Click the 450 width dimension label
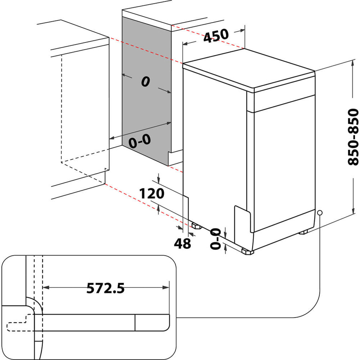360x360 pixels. click(216, 35)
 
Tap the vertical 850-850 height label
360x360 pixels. click(353, 137)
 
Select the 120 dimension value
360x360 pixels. click(152, 193)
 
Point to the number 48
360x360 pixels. click(182, 243)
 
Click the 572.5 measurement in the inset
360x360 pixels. click(105, 288)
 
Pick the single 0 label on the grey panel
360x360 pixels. click(145, 82)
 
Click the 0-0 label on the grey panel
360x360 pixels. click(139, 141)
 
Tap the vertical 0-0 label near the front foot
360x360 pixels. click(215, 238)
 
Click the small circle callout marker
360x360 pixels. click(320, 212)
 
